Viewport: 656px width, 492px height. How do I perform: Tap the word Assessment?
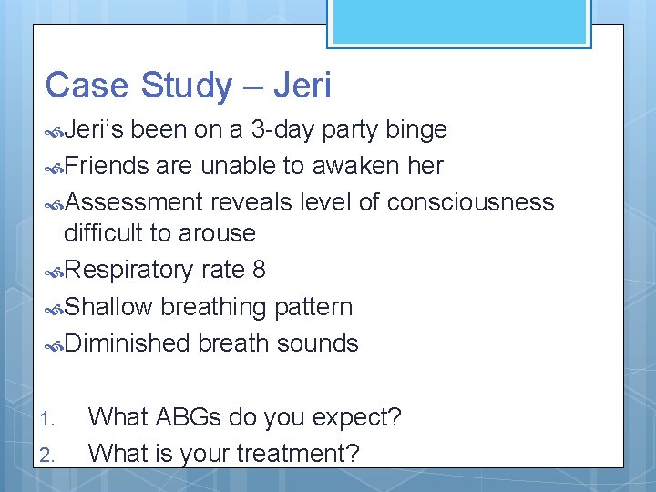point(134,201)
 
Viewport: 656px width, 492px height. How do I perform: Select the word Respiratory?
point(128,271)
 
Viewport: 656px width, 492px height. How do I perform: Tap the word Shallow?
point(108,307)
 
